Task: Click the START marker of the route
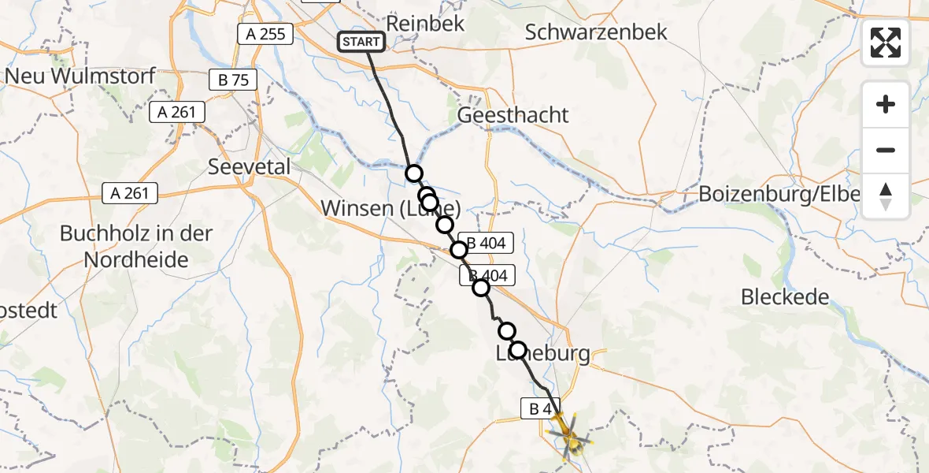(x=361, y=42)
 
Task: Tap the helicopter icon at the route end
(x=571, y=435)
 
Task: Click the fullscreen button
(x=886, y=43)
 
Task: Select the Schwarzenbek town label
(x=595, y=32)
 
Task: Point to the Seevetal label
(x=249, y=167)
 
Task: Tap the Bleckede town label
(x=785, y=297)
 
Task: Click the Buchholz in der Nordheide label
(x=126, y=247)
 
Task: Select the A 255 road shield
(x=265, y=33)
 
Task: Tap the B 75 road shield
(x=233, y=80)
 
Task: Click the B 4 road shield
(x=540, y=408)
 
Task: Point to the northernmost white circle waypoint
(x=413, y=173)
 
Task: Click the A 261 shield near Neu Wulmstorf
(x=177, y=113)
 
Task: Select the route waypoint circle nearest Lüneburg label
(x=518, y=350)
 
